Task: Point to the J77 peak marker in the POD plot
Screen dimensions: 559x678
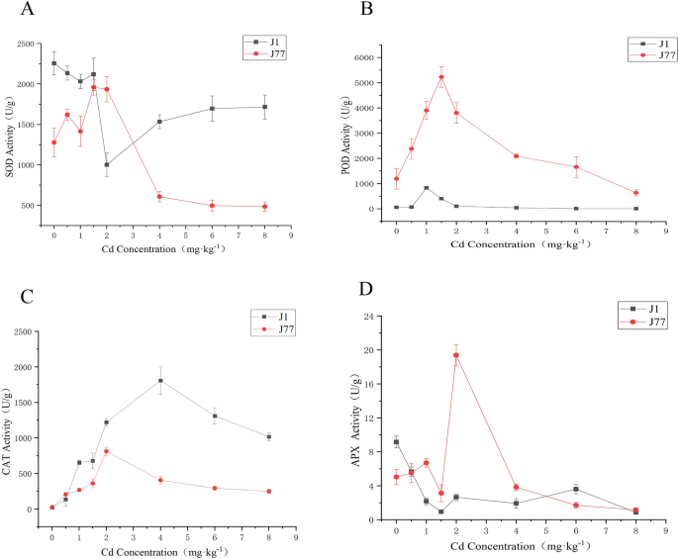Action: click(441, 77)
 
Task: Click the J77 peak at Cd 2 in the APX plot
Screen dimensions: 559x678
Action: click(456, 355)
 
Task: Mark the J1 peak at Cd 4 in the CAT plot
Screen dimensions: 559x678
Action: click(160, 381)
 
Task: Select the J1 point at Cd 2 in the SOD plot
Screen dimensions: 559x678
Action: click(107, 165)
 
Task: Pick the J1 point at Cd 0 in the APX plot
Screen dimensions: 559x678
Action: click(396, 442)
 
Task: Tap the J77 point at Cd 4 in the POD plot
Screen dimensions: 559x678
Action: click(516, 156)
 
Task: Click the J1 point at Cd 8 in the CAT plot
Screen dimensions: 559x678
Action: click(268, 436)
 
